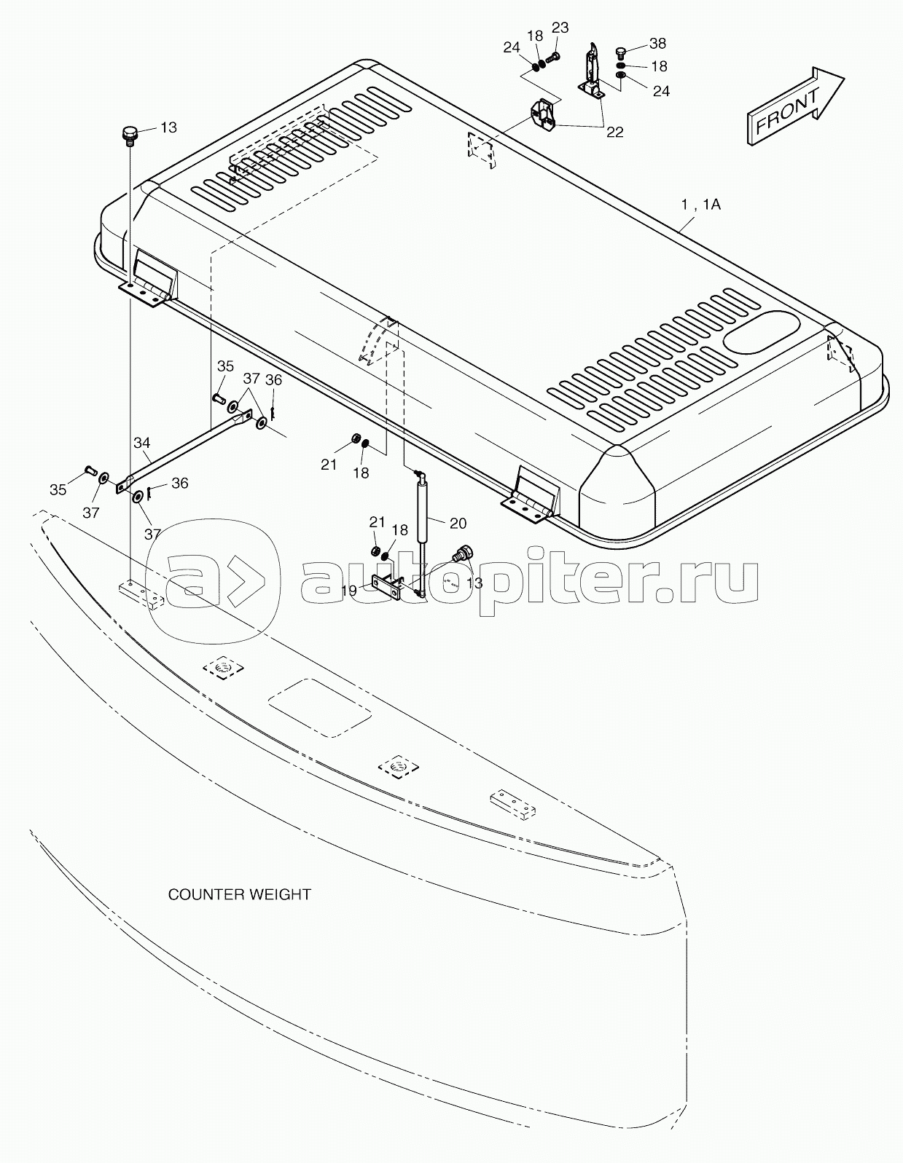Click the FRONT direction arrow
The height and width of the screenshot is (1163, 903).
(795, 107)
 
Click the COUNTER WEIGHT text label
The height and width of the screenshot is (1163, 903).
(239, 894)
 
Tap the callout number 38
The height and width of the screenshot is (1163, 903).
(657, 44)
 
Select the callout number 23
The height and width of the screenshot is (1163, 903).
(560, 28)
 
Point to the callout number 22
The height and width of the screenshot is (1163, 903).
(615, 133)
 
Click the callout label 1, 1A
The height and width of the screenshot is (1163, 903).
(700, 205)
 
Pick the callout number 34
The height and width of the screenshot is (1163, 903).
(142, 443)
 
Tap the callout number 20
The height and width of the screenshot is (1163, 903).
(458, 523)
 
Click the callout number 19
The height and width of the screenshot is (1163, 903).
(348, 591)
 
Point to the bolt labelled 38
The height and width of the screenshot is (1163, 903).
(621, 53)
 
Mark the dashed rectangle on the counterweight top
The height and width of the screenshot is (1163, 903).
(320, 708)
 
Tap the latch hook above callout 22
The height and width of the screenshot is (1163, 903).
(593, 71)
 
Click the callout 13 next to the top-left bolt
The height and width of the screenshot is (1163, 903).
(168, 127)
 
